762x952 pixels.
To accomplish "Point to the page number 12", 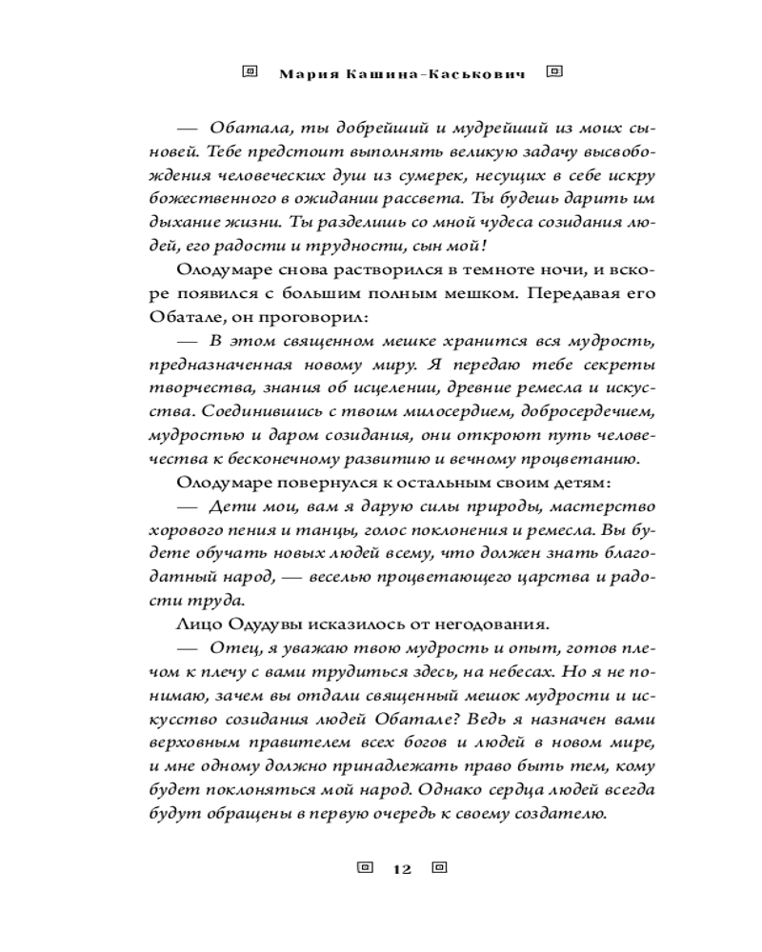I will click(x=400, y=869).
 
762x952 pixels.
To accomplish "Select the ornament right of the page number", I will click(x=439, y=868).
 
